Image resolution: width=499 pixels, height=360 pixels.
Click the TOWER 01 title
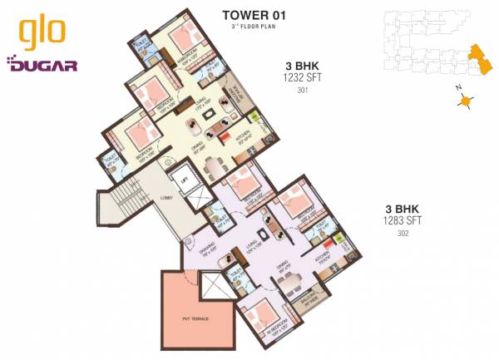[249, 14]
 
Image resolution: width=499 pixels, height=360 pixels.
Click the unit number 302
[404, 233]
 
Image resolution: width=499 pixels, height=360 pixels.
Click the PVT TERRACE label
[196, 318]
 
